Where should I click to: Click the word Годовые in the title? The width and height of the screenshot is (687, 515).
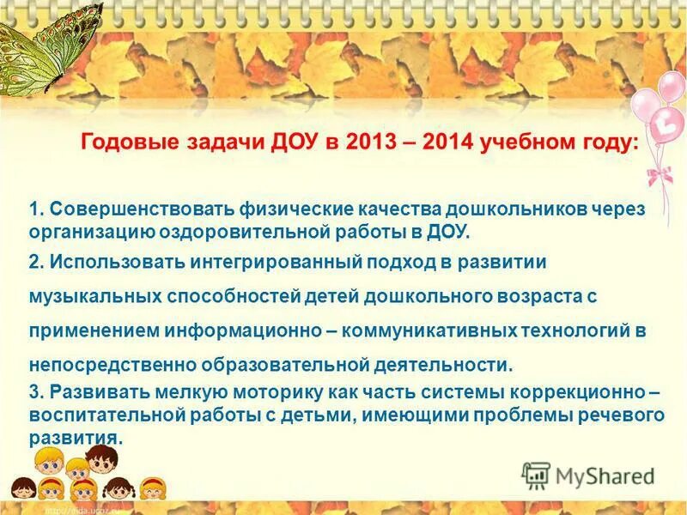[x=127, y=142]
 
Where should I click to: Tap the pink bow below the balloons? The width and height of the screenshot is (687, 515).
[x=659, y=176]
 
